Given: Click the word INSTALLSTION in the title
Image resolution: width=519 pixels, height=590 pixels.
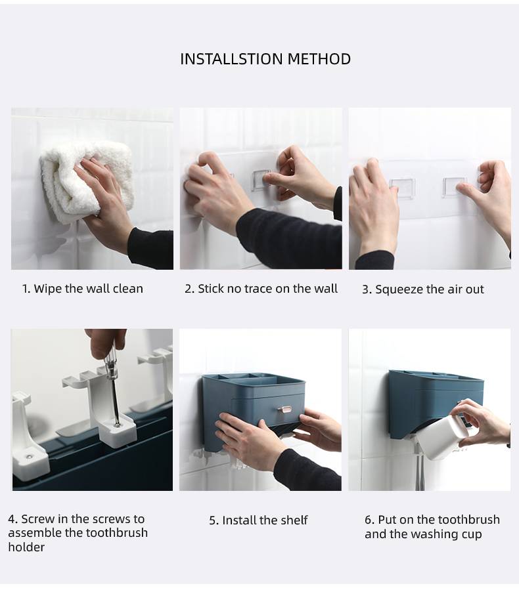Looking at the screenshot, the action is click(x=231, y=59).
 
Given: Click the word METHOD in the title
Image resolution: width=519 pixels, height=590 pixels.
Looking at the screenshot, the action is click(x=319, y=59).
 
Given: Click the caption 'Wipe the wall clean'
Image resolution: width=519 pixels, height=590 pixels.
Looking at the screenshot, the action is click(x=89, y=289).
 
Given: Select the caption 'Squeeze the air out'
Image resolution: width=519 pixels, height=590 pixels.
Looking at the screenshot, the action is click(x=430, y=289).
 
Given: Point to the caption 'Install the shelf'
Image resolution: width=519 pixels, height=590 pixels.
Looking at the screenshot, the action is click(x=265, y=520).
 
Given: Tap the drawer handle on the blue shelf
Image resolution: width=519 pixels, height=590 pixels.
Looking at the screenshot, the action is click(x=284, y=408).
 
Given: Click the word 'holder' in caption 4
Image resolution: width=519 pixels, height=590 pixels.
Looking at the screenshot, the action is click(x=26, y=547).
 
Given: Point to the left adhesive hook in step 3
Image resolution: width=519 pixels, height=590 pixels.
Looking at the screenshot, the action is click(x=403, y=188).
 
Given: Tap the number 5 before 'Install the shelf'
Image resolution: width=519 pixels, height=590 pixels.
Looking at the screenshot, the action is click(x=213, y=520).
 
